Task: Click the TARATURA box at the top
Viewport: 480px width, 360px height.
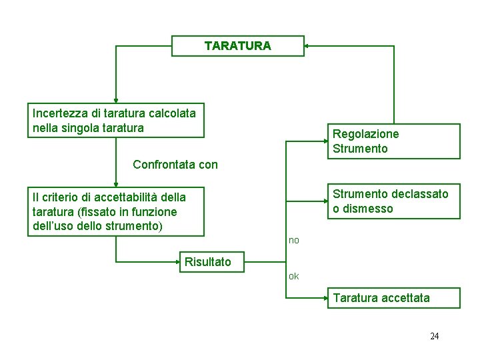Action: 238,46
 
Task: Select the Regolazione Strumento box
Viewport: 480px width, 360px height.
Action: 393,141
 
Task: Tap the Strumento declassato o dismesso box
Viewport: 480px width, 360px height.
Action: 393,201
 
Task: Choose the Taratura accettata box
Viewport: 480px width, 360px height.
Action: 393,298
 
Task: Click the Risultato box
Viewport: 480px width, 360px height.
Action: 208,262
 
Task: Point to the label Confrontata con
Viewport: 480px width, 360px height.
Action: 175,164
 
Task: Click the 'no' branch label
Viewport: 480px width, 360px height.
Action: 294,240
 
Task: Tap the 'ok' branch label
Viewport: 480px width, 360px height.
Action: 294,276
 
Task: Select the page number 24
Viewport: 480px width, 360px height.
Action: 434,336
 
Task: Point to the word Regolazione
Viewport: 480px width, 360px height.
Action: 366,134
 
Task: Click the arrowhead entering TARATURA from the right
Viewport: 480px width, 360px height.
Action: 307,46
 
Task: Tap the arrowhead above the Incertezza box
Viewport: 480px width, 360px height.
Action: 116,100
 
